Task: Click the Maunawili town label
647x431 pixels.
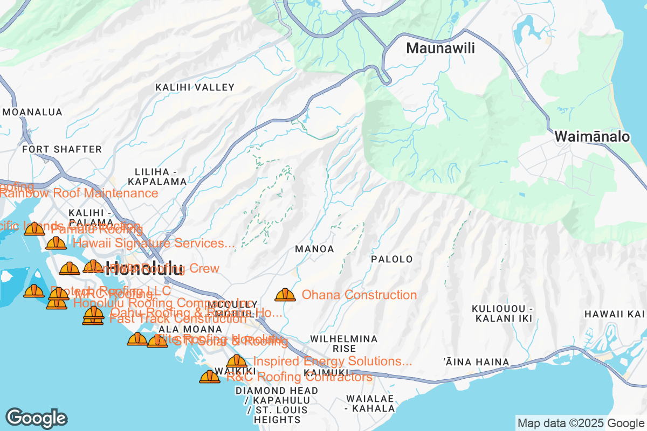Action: tap(440, 48)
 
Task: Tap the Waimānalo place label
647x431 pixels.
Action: tap(592, 137)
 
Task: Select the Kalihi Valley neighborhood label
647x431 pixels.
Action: tap(195, 87)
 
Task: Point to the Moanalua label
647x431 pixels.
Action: tap(32, 112)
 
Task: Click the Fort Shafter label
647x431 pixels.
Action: tap(62, 149)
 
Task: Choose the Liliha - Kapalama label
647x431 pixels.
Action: tap(157, 176)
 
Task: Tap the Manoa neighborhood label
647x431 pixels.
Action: tap(314, 249)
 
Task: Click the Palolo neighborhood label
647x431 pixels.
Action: tap(391, 259)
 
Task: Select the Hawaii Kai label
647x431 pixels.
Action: tap(615, 314)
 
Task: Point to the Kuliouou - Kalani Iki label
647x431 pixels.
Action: tap(502, 314)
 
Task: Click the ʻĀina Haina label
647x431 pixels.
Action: tap(476, 362)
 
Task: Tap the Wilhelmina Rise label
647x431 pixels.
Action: tap(343, 344)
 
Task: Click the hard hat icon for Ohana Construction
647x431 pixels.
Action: tap(285, 295)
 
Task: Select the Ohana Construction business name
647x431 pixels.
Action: tap(359, 295)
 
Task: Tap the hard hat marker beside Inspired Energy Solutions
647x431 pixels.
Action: tap(237, 362)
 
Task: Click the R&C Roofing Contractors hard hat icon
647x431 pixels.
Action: tap(210, 377)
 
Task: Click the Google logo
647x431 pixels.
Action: tap(37, 419)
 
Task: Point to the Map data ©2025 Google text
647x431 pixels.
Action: tap(581, 423)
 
